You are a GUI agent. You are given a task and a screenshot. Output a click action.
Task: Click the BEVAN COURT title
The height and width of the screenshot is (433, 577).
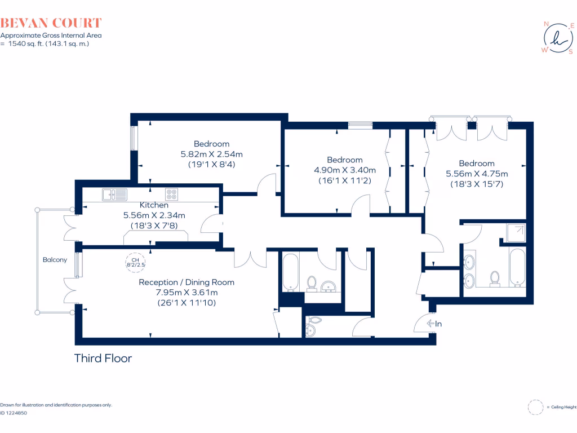click(x=51, y=23)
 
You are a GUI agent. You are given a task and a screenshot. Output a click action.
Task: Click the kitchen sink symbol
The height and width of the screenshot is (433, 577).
click(x=114, y=195)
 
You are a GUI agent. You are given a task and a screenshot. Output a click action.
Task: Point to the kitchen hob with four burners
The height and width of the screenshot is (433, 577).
click(x=172, y=195)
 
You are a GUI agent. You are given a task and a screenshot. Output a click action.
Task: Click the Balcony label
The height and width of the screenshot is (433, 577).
click(x=55, y=260)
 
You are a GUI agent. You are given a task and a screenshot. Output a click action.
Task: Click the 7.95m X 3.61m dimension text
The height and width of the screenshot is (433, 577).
click(x=187, y=292)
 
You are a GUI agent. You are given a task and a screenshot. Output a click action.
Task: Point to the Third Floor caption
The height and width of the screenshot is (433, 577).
click(x=103, y=358)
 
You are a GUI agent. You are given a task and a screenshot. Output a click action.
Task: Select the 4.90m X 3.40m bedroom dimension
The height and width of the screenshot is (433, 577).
click(x=344, y=170)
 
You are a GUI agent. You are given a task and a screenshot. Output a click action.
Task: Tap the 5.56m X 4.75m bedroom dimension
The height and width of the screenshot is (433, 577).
click(x=476, y=174)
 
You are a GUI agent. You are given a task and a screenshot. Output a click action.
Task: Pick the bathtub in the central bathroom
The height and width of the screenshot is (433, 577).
click(x=290, y=273)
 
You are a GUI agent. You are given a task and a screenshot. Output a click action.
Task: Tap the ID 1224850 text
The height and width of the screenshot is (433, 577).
click(x=14, y=413)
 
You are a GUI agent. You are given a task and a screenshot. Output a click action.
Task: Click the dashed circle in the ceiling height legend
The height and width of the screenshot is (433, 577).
click(x=535, y=407)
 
